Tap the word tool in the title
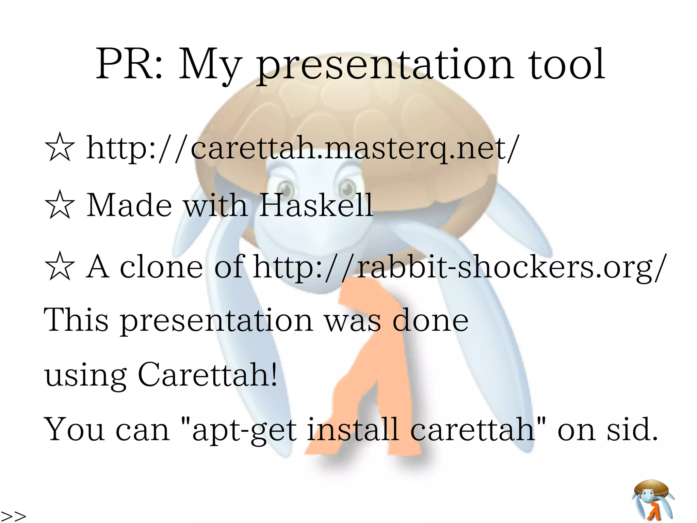tap(567, 65)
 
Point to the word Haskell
tap(316, 205)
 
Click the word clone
tap(161, 267)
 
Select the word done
tap(430, 320)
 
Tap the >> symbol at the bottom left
tap(14, 516)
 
